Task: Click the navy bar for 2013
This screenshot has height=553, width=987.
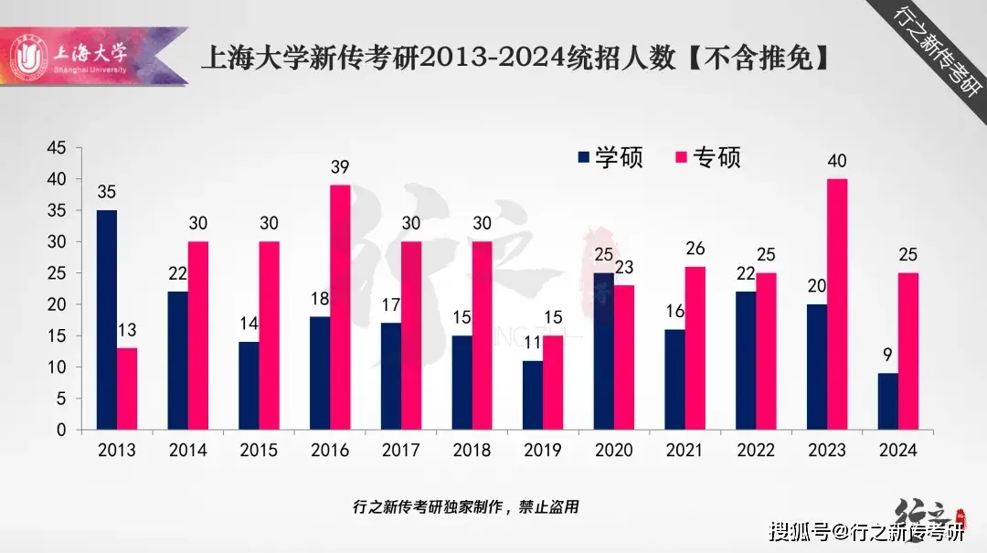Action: click(x=107, y=320)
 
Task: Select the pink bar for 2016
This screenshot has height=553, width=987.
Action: click(x=340, y=307)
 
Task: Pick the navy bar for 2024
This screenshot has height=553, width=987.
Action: click(x=886, y=401)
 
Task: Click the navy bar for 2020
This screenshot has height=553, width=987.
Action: click(x=604, y=351)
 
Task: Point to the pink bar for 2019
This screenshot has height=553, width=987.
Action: click(x=552, y=382)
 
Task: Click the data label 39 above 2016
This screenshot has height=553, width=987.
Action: click(x=340, y=167)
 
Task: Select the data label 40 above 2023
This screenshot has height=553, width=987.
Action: click(x=836, y=161)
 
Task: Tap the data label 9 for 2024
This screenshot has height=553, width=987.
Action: click(x=886, y=355)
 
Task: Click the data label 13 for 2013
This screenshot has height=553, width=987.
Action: click(x=127, y=330)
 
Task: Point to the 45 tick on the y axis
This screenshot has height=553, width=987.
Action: click(x=57, y=148)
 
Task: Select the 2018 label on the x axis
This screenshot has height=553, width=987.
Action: click(x=471, y=450)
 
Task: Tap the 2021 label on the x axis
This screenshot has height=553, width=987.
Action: click(x=684, y=450)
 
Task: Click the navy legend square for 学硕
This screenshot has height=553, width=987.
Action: click(x=584, y=157)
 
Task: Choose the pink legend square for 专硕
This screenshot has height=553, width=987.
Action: click(x=679, y=157)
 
